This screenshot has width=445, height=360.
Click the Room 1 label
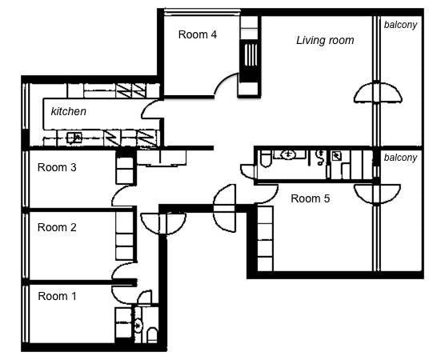tap(58, 296)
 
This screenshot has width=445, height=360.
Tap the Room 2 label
tap(58, 227)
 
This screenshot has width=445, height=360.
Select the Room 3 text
tap(58, 167)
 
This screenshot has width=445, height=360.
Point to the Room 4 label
tap(197, 34)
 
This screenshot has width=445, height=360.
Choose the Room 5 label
tap(310, 198)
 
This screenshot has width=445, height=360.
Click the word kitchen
tap(69, 111)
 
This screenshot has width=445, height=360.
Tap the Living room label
tap(325, 40)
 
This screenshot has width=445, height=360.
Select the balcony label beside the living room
tap(400, 25)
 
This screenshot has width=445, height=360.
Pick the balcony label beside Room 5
tap(400, 158)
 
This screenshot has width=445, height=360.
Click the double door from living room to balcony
tap(376, 94)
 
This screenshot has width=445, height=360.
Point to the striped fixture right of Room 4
tap(250, 58)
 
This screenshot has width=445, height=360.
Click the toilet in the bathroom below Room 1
tap(152, 332)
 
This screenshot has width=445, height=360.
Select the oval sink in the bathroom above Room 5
tap(289, 154)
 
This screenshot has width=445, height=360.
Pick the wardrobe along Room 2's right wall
tap(125, 236)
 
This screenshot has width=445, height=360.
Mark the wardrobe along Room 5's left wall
tap(265, 238)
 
